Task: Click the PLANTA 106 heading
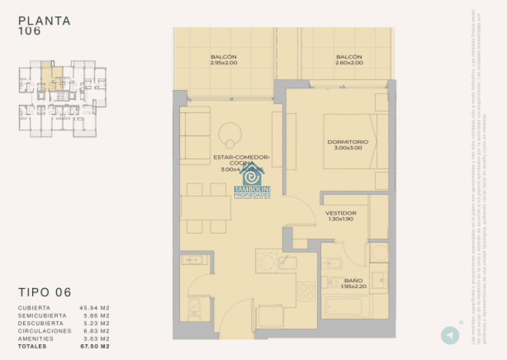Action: coord(44,25)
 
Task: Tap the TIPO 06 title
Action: coord(45,292)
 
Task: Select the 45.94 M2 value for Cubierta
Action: coord(95,308)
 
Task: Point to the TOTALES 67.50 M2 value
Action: coord(95,346)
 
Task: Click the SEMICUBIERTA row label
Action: coord(42,316)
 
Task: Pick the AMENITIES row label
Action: coord(35,339)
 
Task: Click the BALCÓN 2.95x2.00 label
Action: coord(223,60)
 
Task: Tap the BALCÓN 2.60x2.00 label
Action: coord(349,60)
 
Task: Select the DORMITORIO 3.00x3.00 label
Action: coord(348,145)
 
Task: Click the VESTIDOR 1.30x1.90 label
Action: coord(341,216)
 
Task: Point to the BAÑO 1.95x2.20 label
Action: coord(353,283)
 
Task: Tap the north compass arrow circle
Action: coord(450,335)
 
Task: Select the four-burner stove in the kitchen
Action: coord(306,291)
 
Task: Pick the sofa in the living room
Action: coord(195,136)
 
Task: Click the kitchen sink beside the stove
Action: coord(287,263)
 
